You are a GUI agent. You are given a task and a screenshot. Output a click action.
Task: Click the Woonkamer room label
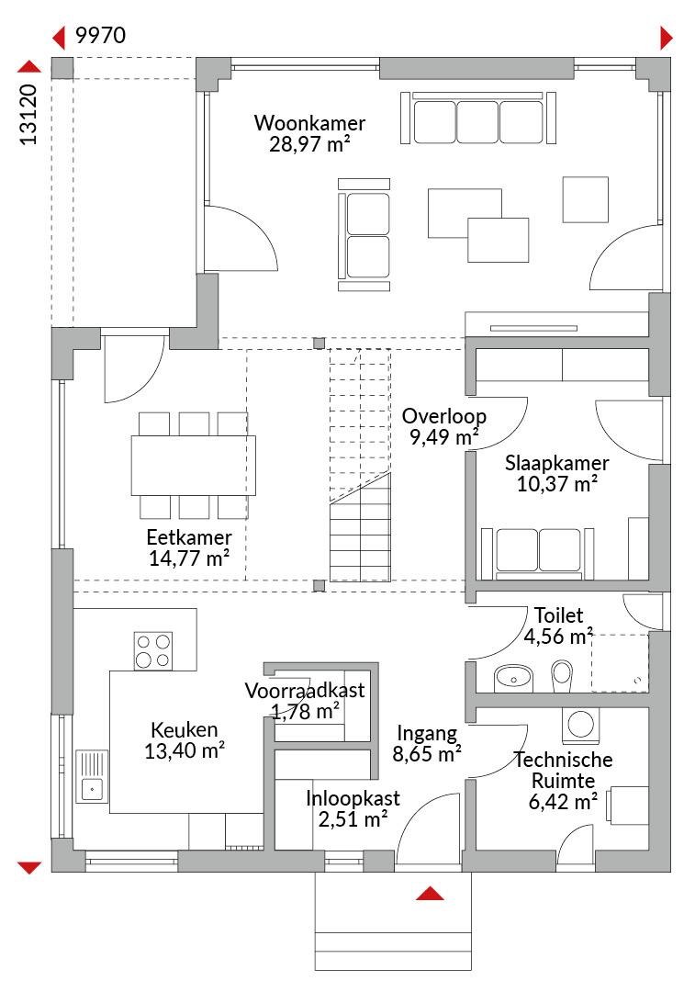click(x=310, y=123)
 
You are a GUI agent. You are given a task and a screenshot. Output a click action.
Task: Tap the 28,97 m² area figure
click(x=310, y=144)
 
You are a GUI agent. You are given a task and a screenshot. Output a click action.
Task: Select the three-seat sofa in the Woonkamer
click(x=478, y=118)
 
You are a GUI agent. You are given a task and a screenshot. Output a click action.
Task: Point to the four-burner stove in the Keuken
click(x=153, y=651)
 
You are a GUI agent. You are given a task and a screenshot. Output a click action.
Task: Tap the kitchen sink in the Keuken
click(x=93, y=776)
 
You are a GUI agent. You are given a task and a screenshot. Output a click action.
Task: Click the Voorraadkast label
click(x=305, y=690)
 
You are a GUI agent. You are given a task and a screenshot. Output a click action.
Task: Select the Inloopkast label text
click(x=353, y=798)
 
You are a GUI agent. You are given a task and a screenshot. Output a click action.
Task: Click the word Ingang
click(x=427, y=734)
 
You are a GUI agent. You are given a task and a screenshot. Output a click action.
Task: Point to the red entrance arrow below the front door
click(x=430, y=893)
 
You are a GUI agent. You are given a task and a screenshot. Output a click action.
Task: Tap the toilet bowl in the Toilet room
click(x=562, y=677)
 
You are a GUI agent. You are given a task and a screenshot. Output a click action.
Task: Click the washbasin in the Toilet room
click(x=513, y=678)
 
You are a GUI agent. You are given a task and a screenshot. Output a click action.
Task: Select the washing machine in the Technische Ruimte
click(x=580, y=725)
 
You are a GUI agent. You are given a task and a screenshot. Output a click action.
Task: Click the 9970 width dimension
click(x=101, y=36)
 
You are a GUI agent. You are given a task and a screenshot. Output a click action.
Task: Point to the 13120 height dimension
click(x=29, y=115)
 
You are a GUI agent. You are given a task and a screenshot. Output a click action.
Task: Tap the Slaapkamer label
click(x=556, y=463)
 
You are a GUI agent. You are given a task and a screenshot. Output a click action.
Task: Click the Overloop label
click(x=444, y=416)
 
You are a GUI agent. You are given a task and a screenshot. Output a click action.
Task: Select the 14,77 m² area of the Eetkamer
click(x=188, y=558)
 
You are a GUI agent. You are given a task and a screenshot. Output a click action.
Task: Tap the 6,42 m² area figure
click(x=563, y=802)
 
